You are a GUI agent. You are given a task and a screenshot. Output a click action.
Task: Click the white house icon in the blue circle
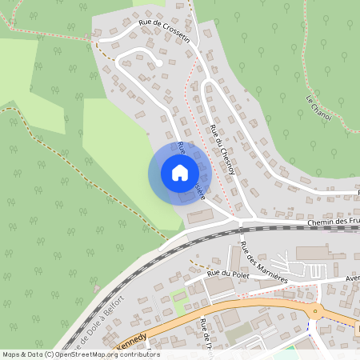(x=180, y=173)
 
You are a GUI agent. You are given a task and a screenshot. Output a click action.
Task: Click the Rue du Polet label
(x=224, y=274)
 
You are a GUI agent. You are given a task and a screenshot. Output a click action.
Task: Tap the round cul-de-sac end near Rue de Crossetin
(x=160, y=63)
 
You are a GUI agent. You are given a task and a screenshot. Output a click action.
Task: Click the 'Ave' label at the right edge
(x=353, y=279)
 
